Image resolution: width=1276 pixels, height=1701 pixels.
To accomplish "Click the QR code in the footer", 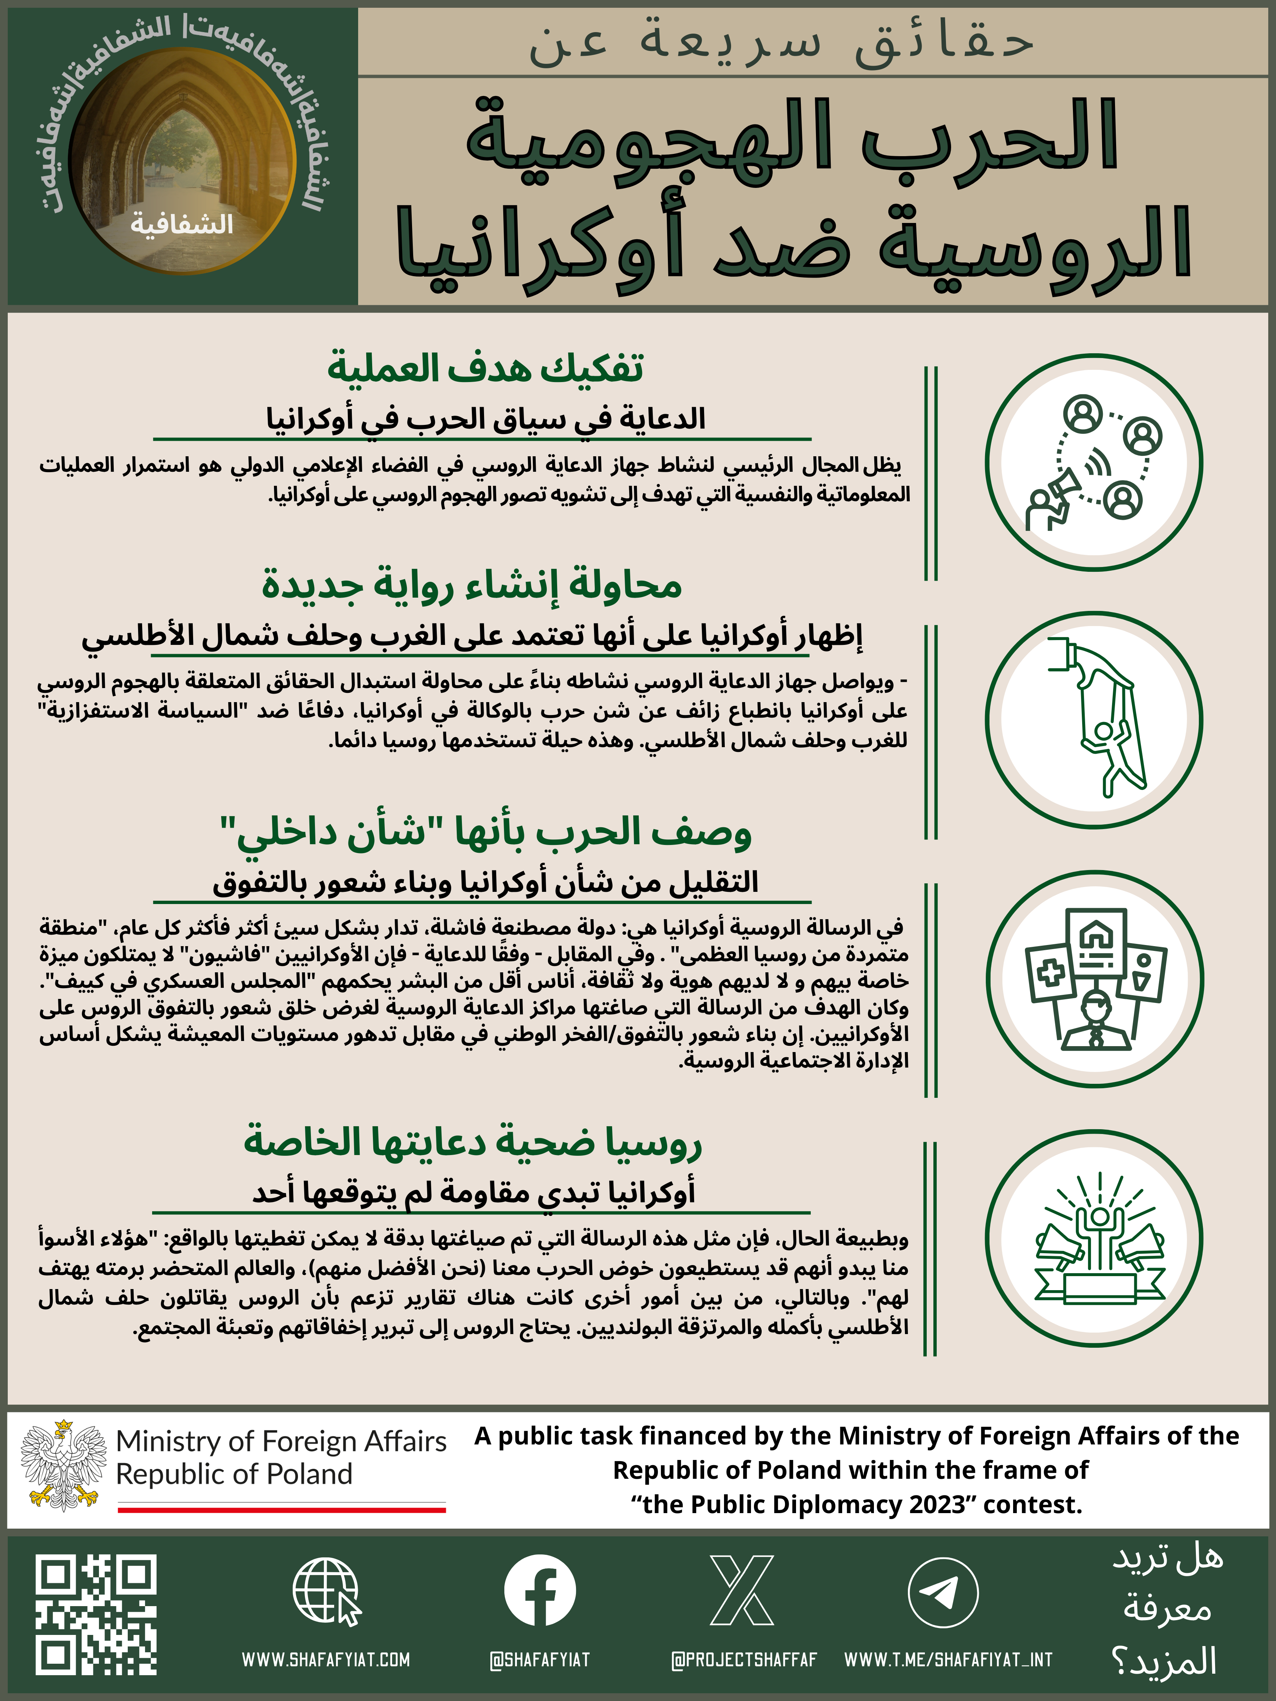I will coord(96,1614).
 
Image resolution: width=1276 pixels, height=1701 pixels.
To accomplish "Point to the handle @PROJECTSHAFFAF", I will coord(744,1660).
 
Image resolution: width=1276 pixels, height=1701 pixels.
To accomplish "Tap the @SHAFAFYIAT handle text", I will coord(540,1660).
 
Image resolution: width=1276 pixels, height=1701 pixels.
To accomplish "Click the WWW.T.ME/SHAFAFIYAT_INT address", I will coord(949,1660).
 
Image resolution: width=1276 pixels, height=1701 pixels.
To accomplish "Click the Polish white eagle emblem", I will coord(64,1466).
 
